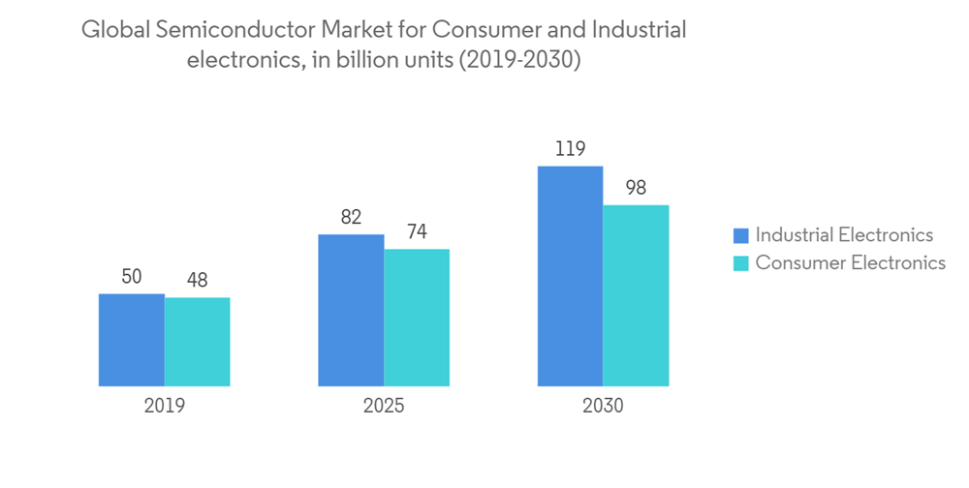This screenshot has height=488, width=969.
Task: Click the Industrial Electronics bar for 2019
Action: click(132, 340)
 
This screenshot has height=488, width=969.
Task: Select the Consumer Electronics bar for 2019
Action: click(197, 342)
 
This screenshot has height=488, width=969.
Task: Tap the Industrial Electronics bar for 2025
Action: click(351, 310)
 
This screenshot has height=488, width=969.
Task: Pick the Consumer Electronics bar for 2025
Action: click(417, 318)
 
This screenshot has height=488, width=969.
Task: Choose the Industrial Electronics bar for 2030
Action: click(570, 276)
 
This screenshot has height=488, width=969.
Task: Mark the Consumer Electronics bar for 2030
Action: click(636, 295)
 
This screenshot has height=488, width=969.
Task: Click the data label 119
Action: click(570, 149)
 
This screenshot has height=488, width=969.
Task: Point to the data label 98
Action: click(636, 188)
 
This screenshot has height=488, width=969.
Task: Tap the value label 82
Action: click(351, 218)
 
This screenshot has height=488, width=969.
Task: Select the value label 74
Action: click(417, 232)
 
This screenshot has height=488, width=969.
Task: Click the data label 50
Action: click(132, 277)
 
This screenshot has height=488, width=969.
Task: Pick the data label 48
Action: click(197, 281)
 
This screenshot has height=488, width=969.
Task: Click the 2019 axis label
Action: click(164, 406)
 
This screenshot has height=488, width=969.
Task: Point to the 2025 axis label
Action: click(384, 406)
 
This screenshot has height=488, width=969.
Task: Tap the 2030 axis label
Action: click(603, 406)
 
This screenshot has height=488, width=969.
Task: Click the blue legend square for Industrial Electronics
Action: click(741, 235)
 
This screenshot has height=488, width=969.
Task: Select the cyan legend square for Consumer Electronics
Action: click(741, 262)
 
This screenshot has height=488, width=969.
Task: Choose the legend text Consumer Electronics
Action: click(850, 262)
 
